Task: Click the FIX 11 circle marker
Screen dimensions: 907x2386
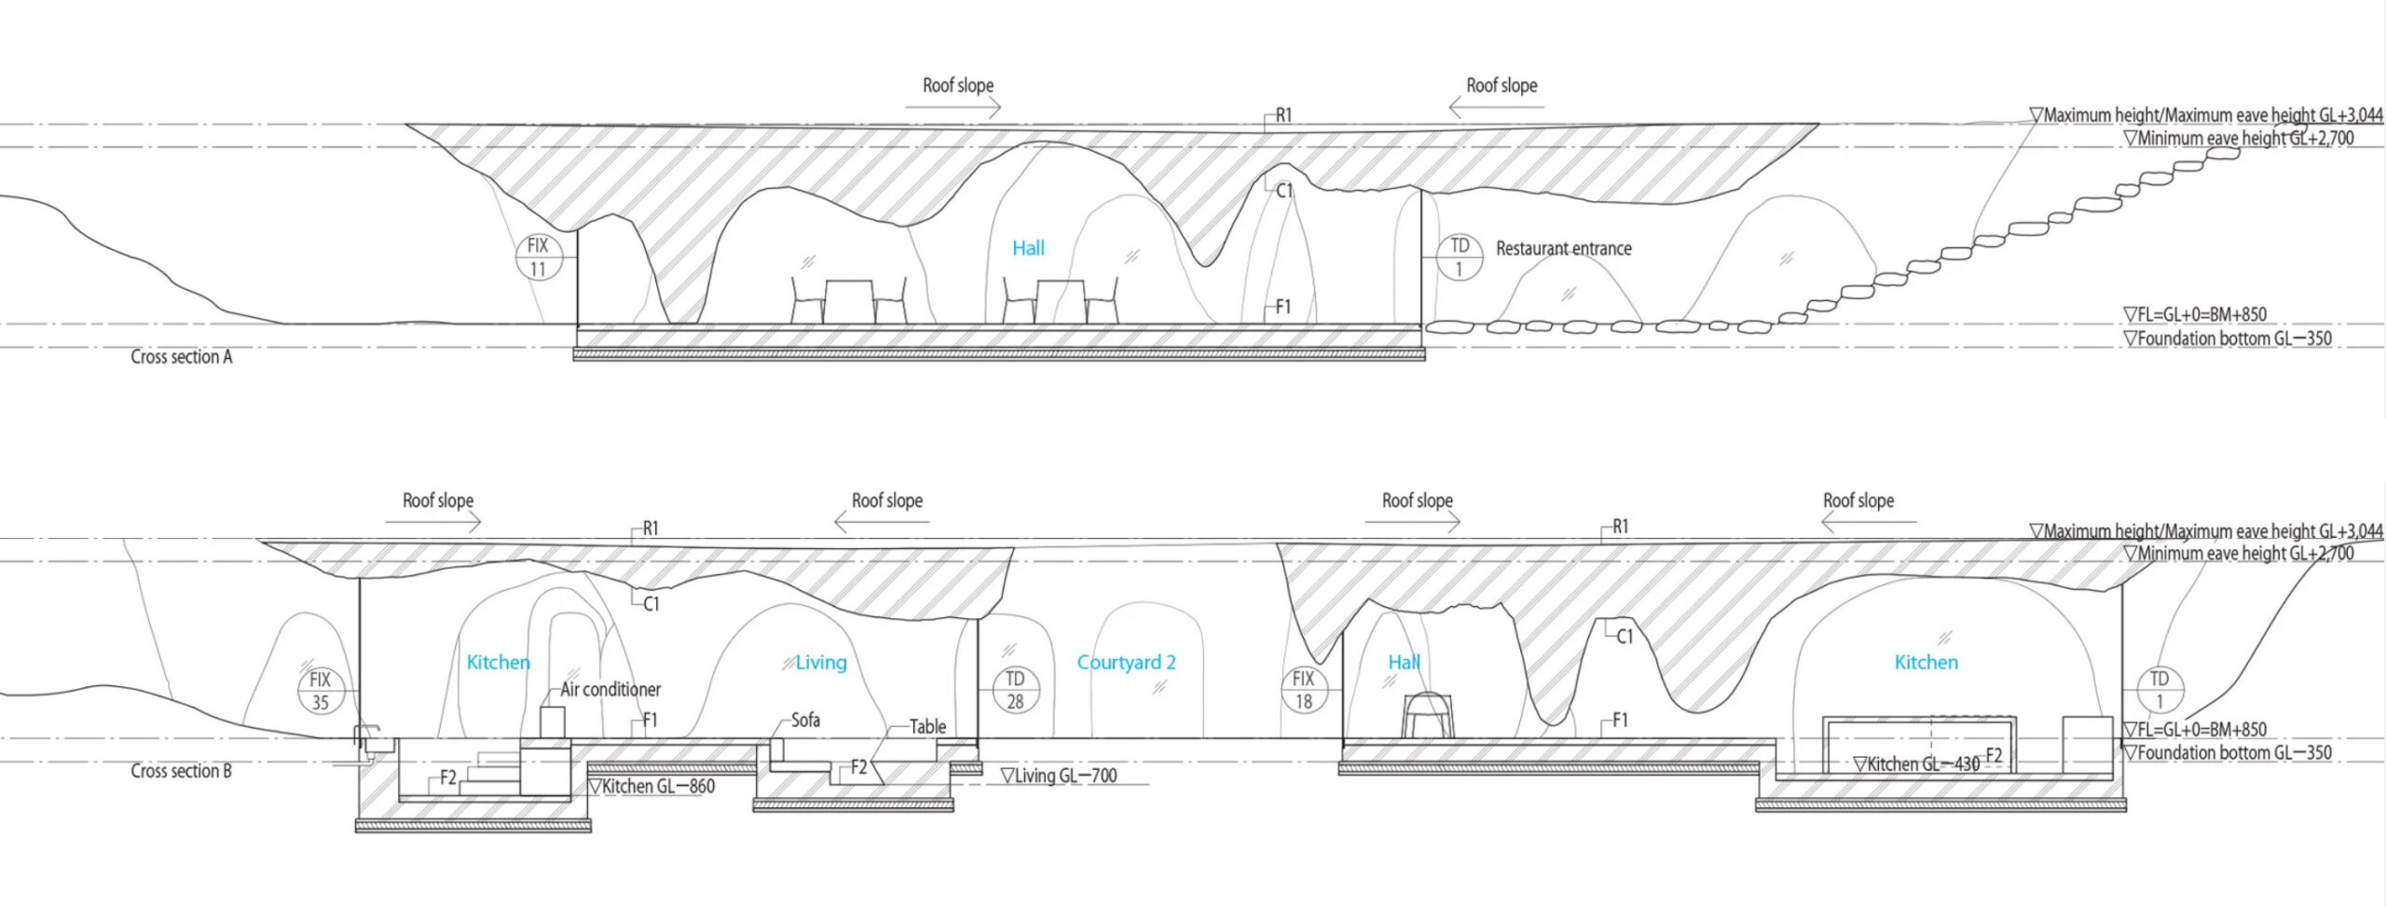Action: pos(538,257)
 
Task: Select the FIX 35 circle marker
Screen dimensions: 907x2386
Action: pos(320,691)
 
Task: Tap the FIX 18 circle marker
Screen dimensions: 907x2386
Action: pos(1303,690)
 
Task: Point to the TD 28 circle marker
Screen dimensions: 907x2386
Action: pos(1015,690)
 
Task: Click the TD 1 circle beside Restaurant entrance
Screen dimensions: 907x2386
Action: pos(1459,257)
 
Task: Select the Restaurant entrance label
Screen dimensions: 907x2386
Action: pos(1563,249)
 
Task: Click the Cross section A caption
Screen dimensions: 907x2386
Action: pos(181,357)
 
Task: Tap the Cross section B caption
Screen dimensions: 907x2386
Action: pos(181,771)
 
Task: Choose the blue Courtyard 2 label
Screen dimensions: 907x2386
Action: pos(1126,663)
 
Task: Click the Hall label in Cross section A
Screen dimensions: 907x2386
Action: pos(1028,248)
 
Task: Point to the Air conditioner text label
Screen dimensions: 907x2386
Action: pos(610,690)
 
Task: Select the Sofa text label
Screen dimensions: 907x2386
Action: pos(805,720)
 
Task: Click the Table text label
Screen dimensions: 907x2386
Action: pos(927,727)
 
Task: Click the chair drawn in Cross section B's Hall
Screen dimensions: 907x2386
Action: pos(1428,716)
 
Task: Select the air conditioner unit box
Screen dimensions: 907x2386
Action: pos(553,722)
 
